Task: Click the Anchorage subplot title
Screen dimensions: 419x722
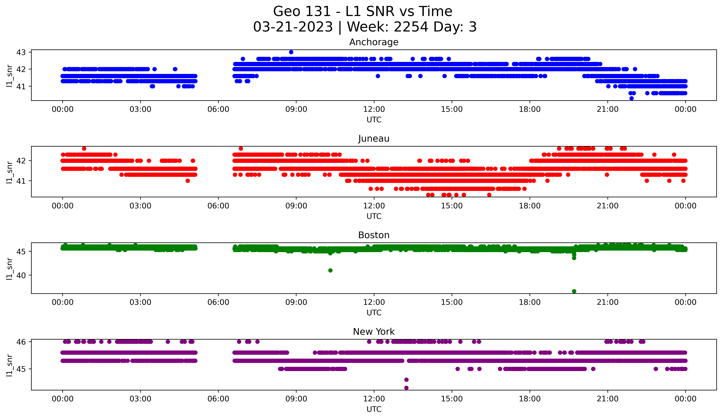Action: tap(374, 42)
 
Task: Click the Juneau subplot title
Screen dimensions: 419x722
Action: tap(374, 139)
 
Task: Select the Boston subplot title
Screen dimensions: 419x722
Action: tap(374, 235)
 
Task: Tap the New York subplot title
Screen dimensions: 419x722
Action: tap(374, 332)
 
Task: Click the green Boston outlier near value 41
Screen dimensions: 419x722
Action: tap(330, 270)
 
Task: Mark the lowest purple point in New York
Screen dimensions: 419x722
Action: tap(406, 388)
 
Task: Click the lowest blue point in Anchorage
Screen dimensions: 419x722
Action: tap(632, 98)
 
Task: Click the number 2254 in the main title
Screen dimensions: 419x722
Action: tap(411, 27)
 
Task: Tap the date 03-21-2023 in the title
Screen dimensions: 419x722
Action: tap(293, 27)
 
